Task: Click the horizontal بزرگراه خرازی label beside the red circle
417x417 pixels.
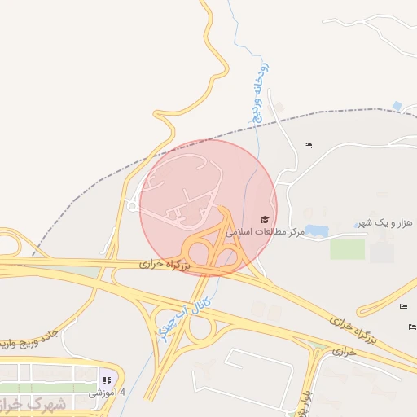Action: coord(163,265)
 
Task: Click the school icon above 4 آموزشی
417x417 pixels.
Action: coord(107,380)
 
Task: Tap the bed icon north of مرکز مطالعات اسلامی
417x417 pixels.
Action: coord(308,145)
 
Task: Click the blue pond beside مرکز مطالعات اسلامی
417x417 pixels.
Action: coord(315,232)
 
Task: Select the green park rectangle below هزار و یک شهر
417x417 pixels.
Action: coord(347,248)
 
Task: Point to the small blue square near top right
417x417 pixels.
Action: coord(397,106)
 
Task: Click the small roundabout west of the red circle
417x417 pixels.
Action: coord(132,206)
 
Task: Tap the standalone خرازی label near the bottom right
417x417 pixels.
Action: coord(345,352)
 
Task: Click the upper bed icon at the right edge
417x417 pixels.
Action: coord(404,306)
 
